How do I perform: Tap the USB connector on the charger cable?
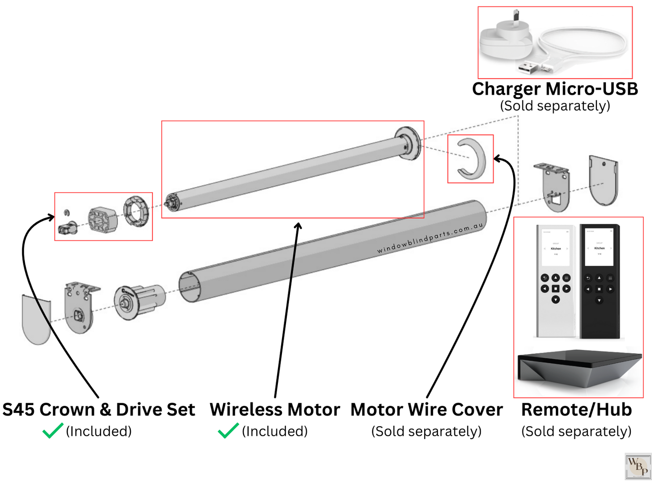point(528,67)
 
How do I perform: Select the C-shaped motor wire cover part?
point(472,158)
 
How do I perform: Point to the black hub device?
point(578,368)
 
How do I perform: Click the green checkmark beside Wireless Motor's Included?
point(228,431)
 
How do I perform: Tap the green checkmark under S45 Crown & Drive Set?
point(52,431)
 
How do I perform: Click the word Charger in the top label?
point(506,89)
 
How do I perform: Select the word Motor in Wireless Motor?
point(314,410)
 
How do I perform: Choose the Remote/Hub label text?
point(576,410)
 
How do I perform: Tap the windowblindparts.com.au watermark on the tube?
point(430,237)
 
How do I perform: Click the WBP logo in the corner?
point(638,466)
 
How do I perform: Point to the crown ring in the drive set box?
point(136,211)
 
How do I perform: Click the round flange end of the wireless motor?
point(408,143)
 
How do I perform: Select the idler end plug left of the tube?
point(138,301)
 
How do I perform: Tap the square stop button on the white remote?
point(555,289)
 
